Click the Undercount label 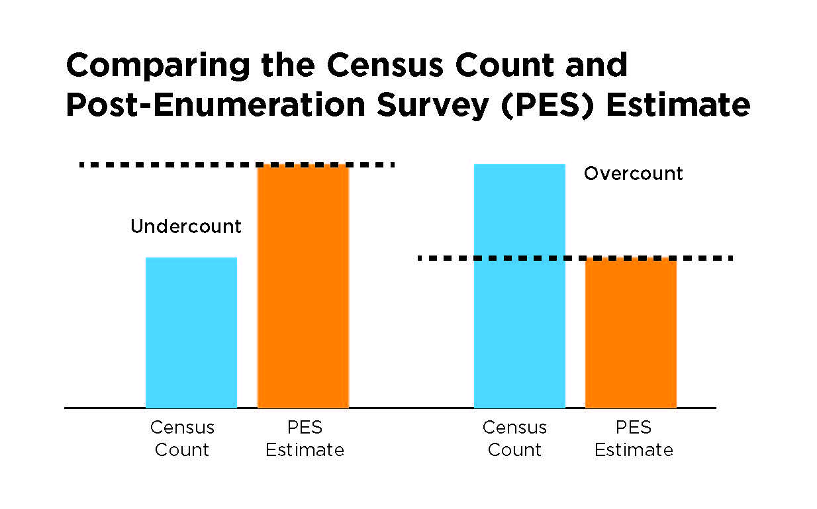[186, 227]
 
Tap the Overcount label [633, 174]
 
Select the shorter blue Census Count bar [191, 332]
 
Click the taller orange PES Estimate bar [303, 286]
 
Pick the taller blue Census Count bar [519, 286]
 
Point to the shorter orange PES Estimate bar [631, 332]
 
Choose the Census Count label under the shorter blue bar [182, 439]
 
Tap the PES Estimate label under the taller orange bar [305, 439]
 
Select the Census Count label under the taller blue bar [514, 439]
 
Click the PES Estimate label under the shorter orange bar [634, 439]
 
